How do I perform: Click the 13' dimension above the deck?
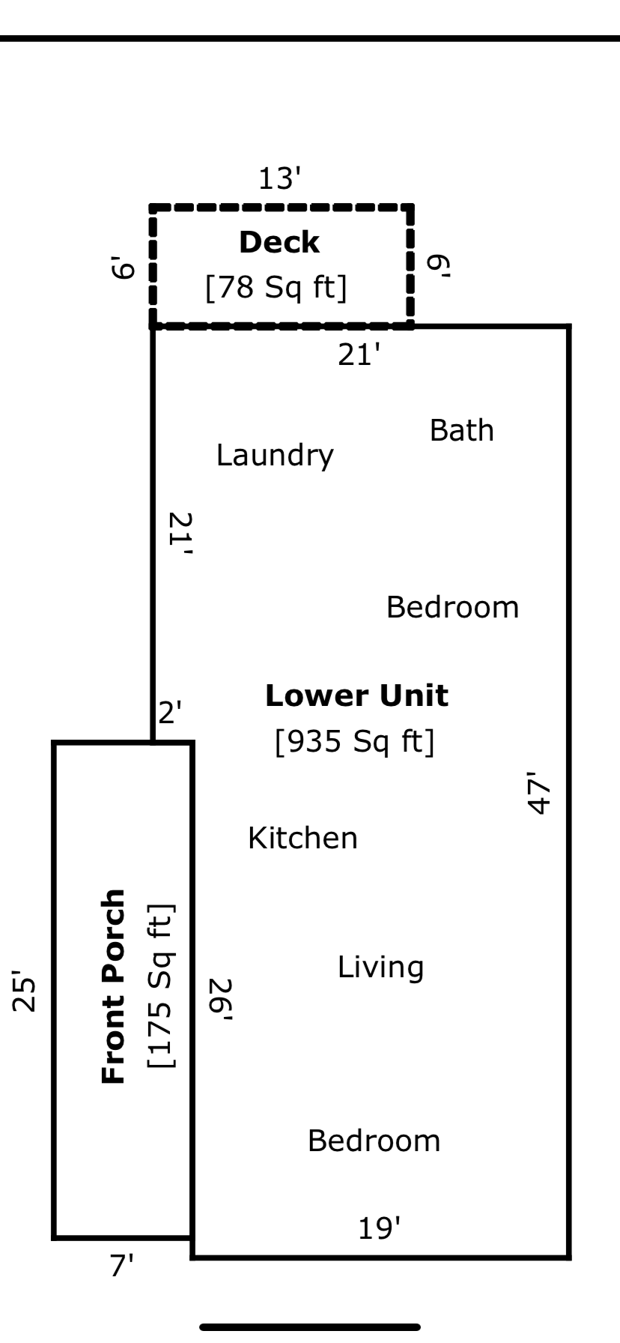pyautogui.click(x=280, y=179)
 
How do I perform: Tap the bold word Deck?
pyautogui.click(x=279, y=243)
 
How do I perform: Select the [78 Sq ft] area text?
pyautogui.click(x=276, y=287)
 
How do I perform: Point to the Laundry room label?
pyautogui.click(x=275, y=456)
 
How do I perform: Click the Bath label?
pyautogui.click(x=461, y=431)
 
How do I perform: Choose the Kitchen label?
pyautogui.click(x=303, y=838)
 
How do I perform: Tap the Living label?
pyautogui.click(x=380, y=968)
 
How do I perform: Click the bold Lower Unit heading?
pyautogui.click(x=356, y=696)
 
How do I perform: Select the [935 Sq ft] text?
pyautogui.click(x=354, y=742)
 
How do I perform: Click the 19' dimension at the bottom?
pyautogui.click(x=379, y=1229)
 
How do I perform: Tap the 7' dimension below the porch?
pyautogui.click(x=121, y=1266)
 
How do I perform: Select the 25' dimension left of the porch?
pyautogui.click(x=25, y=993)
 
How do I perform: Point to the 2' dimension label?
pyautogui.click(x=170, y=712)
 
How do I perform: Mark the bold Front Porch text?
pyautogui.click(x=113, y=986)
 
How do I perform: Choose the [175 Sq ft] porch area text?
pyautogui.click(x=161, y=986)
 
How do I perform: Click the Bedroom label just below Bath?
pyautogui.click(x=452, y=608)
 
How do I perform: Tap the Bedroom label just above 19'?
pyautogui.click(x=374, y=1141)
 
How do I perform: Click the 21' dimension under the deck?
pyautogui.click(x=359, y=355)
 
